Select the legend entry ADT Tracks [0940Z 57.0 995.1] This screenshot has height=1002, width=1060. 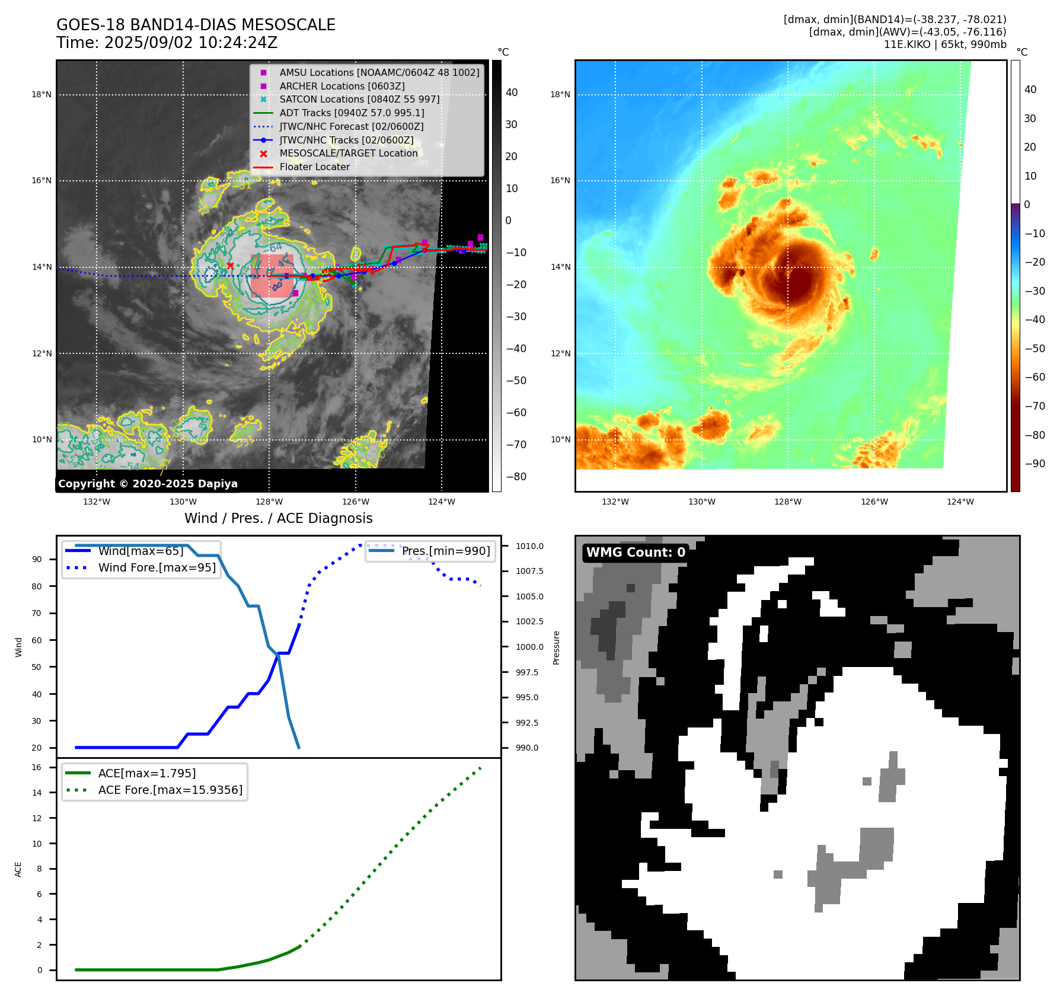tap(352, 113)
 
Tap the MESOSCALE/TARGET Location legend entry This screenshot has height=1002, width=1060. tap(348, 153)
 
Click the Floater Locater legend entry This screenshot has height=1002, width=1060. tap(314, 167)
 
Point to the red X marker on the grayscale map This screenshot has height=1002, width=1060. tap(230, 266)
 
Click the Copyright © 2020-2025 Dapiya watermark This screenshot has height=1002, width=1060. tap(148, 484)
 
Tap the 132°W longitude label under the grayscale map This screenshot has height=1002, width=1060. tap(97, 502)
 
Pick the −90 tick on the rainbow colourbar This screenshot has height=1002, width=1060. tap(1035, 464)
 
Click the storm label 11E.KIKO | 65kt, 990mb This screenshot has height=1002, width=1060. tap(945, 44)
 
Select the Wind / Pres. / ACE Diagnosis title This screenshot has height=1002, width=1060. tap(279, 518)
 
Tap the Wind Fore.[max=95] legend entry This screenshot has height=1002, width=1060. tap(157, 567)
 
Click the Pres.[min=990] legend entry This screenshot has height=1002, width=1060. tap(446, 551)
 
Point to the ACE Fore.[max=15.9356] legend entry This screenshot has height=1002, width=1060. tap(170, 790)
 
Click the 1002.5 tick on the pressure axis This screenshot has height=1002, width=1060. tap(529, 621)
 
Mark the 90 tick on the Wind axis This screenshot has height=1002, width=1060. tap(37, 559)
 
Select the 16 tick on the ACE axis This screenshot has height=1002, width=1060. tap(37, 767)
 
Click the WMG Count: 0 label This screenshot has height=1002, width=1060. tap(636, 553)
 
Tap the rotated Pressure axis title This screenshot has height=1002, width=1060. tap(556, 647)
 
